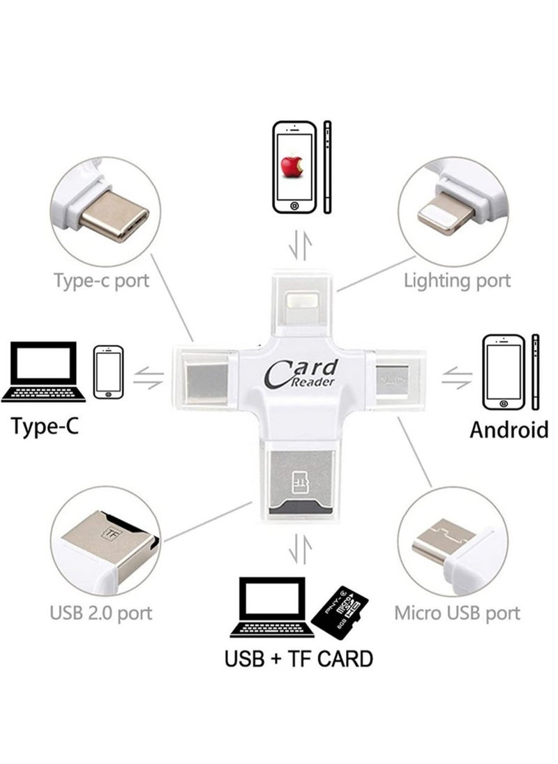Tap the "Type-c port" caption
101,281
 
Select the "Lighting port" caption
457,281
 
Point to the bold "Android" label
508,429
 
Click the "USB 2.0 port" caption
101,613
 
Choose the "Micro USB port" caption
457,613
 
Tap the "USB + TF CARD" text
299,658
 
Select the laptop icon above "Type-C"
44,372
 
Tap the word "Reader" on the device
314,383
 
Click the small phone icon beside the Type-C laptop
108,372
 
